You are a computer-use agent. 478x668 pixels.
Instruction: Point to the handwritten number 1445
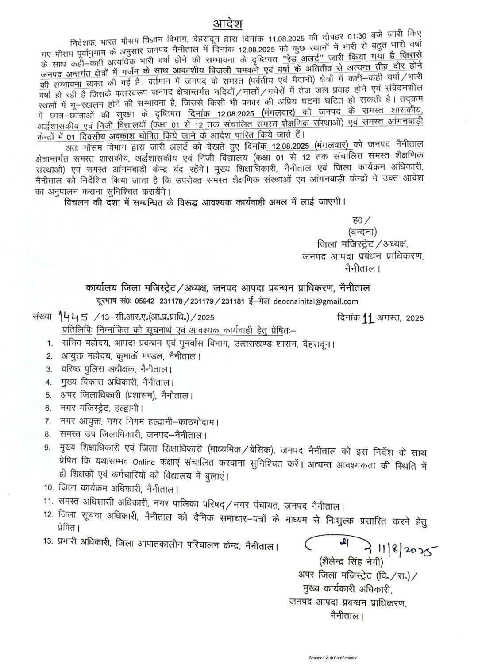[x=74, y=316]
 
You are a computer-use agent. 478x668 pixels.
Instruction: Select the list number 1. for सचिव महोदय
[x=50, y=344]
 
